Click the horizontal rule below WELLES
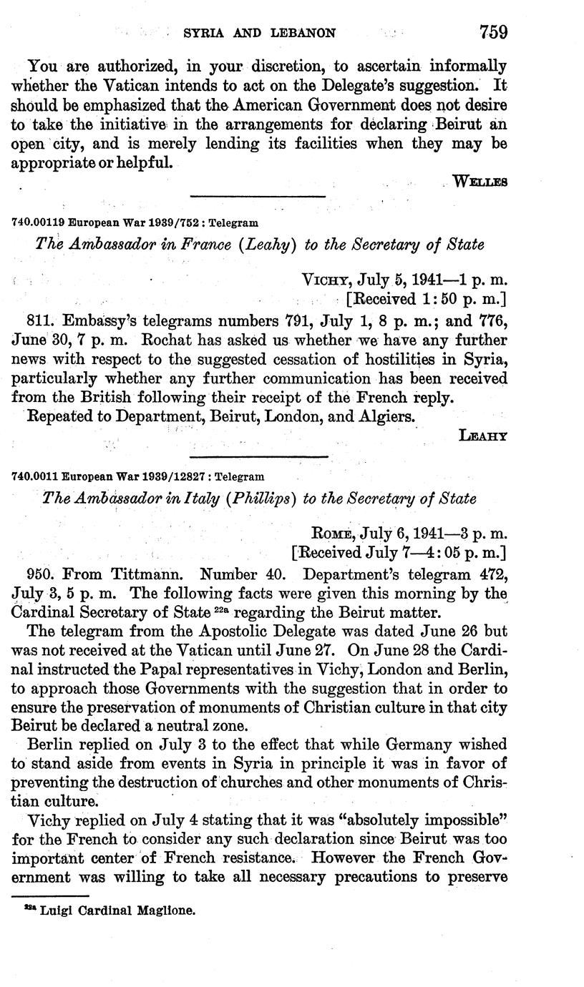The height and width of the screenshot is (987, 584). (x=257, y=196)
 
